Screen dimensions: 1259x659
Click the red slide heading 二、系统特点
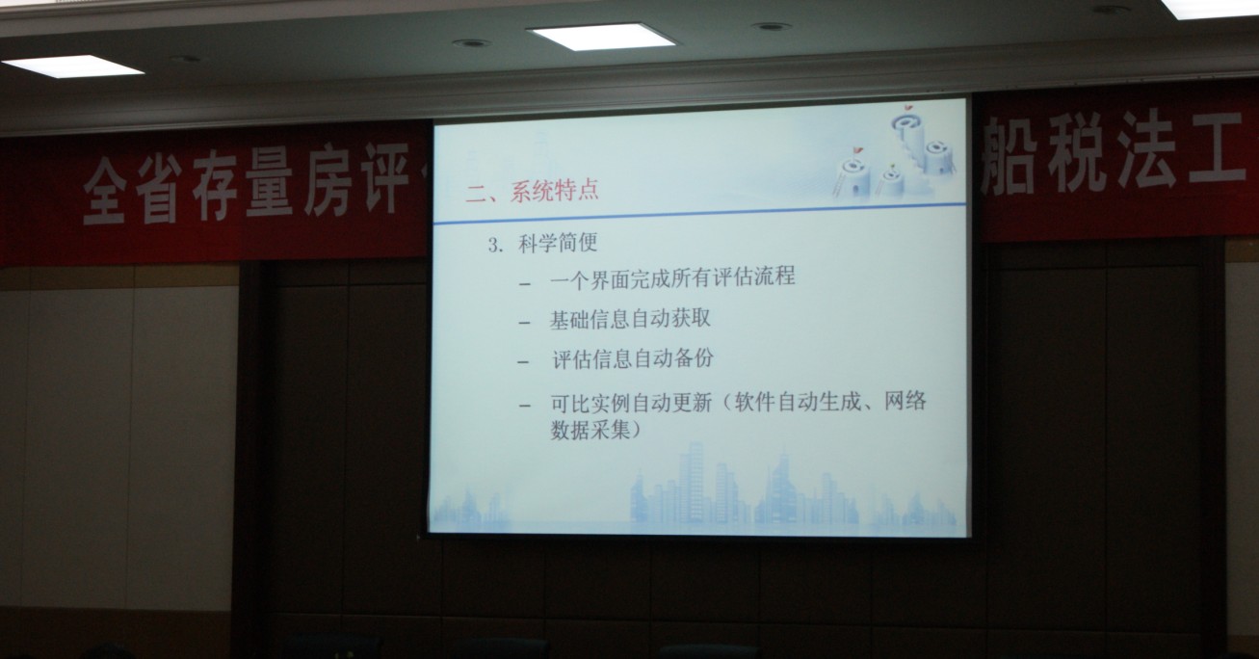point(532,191)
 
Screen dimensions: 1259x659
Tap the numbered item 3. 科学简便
point(542,244)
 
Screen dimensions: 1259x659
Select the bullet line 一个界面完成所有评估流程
point(672,277)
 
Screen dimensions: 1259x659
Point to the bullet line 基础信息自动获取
point(630,319)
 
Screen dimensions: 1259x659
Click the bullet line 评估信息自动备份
point(632,358)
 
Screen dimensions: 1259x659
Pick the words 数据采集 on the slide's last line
point(590,430)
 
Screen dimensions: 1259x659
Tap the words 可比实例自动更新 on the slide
point(631,403)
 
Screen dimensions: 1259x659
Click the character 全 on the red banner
point(105,190)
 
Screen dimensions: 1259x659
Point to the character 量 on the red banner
point(270,182)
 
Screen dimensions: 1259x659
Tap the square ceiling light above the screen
point(601,36)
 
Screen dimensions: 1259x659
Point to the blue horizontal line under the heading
point(699,214)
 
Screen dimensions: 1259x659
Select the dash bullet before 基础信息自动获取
point(525,323)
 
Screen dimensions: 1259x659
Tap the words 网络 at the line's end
point(905,401)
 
